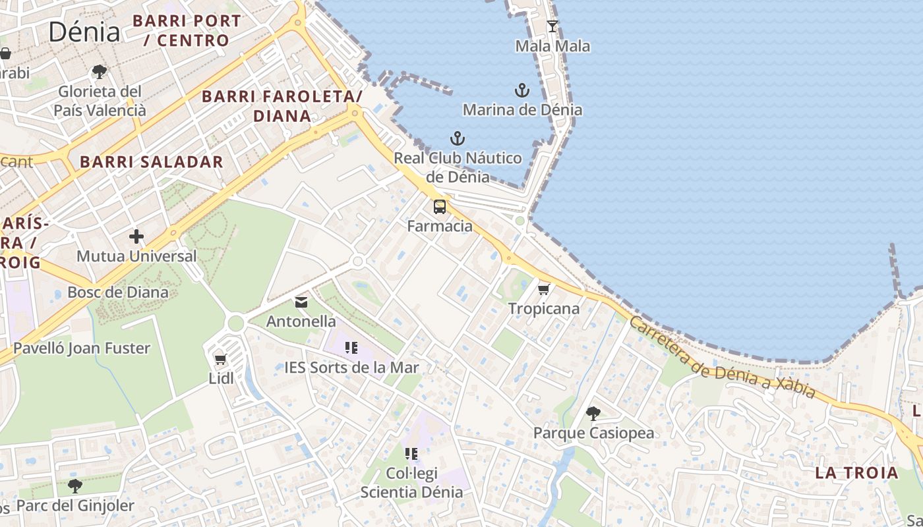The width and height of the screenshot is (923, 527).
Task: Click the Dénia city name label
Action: click(x=84, y=32)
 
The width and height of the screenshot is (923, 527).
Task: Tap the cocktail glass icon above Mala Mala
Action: click(x=552, y=26)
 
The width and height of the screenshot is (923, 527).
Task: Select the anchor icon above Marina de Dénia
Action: click(x=522, y=90)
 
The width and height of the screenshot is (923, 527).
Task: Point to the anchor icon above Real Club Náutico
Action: click(x=458, y=138)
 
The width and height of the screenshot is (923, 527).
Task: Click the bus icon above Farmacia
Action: click(x=440, y=207)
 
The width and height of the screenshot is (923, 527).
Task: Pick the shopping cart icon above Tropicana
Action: click(x=544, y=289)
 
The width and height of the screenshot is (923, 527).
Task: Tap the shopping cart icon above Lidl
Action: click(x=221, y=360)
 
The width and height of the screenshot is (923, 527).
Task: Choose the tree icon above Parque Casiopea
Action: click(x=593, y=414)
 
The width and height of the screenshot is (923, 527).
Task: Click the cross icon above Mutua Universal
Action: click(x=136, y=236)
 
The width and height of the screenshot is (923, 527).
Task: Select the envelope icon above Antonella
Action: click(x=301, y=302)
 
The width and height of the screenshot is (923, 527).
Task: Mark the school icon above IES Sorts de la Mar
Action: click(x=351, y=348)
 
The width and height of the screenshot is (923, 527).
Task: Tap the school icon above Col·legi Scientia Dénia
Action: click(x=411, y=453)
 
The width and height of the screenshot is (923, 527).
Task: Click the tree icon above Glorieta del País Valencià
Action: click(x=100, y=71)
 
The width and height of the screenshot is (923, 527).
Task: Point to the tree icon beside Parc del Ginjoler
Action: click(x=75, y=486)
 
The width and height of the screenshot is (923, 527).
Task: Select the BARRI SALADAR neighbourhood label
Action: click(x=152, y=162)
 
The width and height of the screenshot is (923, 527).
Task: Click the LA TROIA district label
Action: click(x=856, y=473)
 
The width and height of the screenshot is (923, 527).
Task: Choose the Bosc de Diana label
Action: click(x=118, y=292)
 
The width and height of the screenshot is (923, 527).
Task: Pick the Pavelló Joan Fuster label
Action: click(x=82, y=348)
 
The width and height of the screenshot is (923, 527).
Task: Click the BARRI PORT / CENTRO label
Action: click(x=187, y=30)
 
